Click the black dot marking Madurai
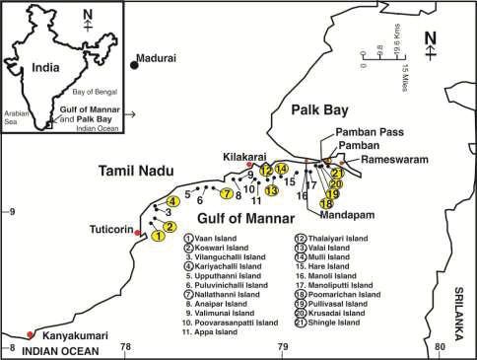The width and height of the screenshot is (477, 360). tap(134, 64)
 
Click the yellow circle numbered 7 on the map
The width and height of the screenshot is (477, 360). tap(227, 192)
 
